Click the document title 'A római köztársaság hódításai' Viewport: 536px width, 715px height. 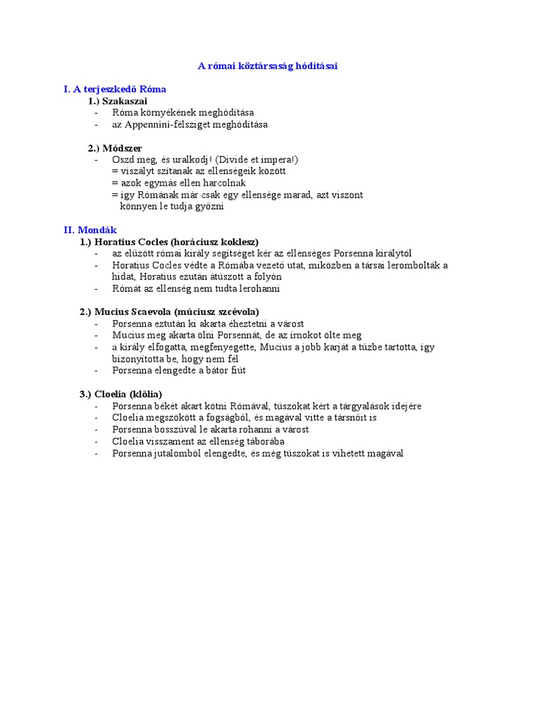tap(268, 66)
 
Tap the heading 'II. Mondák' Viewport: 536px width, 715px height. tap(90, 230)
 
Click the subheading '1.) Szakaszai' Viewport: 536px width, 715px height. tap(117, 101)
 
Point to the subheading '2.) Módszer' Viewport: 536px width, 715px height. tap(114, 148)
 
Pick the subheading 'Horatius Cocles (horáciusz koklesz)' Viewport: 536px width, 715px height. tap(177, 242)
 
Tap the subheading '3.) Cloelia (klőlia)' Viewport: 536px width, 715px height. tap(120, 394)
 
